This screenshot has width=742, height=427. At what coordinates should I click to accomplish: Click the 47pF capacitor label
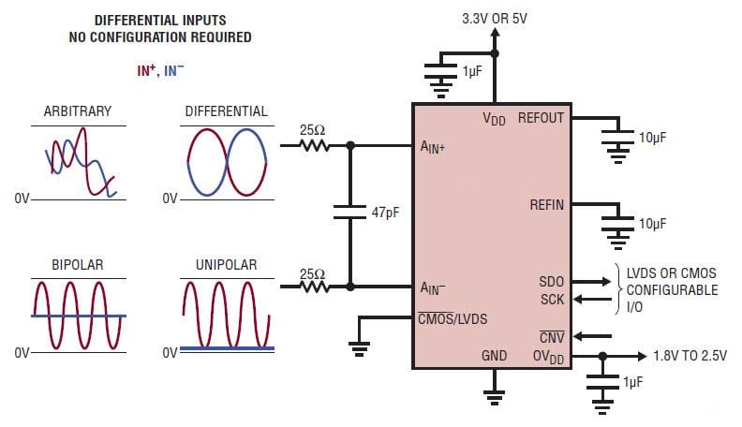click(x=385, y=213)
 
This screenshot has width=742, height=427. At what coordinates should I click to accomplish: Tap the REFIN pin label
click(x=547, y=204)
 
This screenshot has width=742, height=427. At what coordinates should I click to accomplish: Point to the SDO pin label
click(x=552, y=281)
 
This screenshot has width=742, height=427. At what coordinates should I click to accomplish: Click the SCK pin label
click(x=552, y=299)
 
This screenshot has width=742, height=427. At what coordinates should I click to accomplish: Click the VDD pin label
click(x=494, y=119)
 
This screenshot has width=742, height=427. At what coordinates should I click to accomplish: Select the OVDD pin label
click(x=548, y=356)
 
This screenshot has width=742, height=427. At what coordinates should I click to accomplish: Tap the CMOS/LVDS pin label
click(x=453, y=318)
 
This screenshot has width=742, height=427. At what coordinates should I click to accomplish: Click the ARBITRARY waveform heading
click(x=77, y=111)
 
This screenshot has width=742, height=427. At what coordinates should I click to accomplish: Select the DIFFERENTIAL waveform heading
click(x=227, y=111)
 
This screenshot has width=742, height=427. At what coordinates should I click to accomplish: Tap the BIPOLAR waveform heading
click(x=77, y=265)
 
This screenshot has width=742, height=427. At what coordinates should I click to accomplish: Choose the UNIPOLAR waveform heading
click(x=228, y=265)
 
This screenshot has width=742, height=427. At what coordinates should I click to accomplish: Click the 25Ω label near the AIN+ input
click(x=312, y=130)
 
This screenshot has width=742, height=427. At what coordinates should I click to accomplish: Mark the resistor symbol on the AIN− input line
click(x=314, y=287)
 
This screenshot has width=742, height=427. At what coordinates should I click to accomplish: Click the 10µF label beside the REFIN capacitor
click(x=652, y=224)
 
